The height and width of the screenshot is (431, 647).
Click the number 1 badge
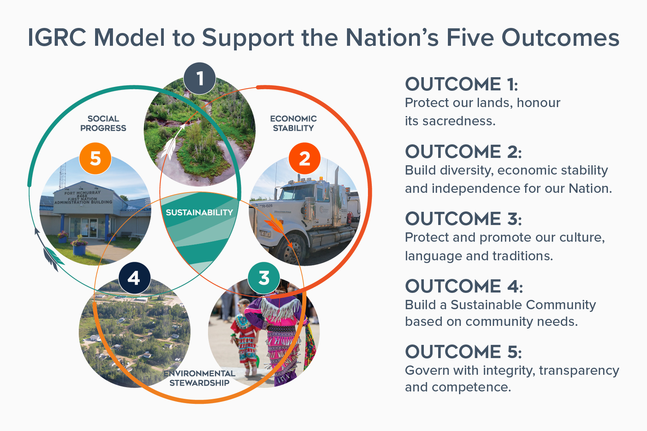(200, 78)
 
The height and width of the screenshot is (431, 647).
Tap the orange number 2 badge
(305, 159)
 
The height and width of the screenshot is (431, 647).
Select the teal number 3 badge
(264, 278)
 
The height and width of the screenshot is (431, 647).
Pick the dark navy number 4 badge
(134, 278)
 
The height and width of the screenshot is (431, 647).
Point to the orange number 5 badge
(95, 159)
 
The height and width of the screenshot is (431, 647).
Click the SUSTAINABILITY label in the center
(199, 213)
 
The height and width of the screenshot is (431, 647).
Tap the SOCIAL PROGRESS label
(103, 123)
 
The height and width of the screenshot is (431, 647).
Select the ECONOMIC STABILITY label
(293, 123)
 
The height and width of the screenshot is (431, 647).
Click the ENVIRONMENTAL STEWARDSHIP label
(199, 378)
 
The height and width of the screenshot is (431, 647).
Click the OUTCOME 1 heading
(461, 84)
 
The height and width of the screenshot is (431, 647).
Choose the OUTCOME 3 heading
(463, 219)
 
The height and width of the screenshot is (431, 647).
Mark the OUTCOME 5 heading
(463, 352)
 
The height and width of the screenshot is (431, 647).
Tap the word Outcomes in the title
(560, 38)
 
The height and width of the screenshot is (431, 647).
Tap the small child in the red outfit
(245, 334)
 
